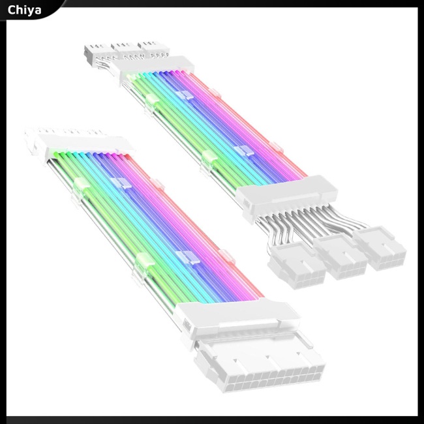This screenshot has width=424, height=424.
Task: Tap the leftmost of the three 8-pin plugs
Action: pyautogui.click(x=294, y=266)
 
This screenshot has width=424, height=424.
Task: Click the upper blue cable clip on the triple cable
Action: pyautogui.click(x=185, y=95)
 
